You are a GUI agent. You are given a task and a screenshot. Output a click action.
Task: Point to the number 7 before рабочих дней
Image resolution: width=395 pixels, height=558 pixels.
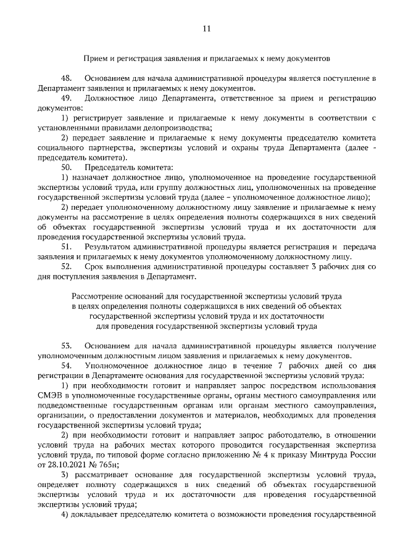tap(270, 366)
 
